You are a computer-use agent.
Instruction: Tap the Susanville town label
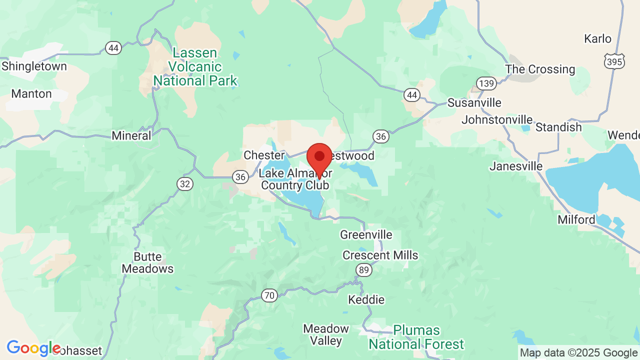point(474,103)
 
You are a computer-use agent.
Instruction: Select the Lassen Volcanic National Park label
point(195,67)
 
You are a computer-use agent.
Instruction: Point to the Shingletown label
point(34,66)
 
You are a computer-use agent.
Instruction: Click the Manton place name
point(31,94)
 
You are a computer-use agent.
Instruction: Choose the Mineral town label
point(131,135)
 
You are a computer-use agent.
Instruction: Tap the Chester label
point(263,155)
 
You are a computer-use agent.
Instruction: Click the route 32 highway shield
point(185,184)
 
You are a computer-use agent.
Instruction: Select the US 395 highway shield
point(613,60)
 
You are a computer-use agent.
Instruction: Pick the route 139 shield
point(486,83)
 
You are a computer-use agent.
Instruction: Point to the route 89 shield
point(364,270)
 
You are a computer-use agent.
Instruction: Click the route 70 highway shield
point(269,295)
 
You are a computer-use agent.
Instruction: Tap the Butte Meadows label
point(147,263)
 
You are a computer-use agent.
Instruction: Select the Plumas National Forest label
point(416,337)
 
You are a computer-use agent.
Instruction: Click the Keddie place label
point(366,300)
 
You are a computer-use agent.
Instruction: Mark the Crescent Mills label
point(380,255)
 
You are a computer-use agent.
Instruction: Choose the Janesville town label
point(516,166)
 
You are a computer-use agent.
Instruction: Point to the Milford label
point(576,219)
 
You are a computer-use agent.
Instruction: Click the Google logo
point(33,348)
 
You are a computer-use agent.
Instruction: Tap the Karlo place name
point(597,39)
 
